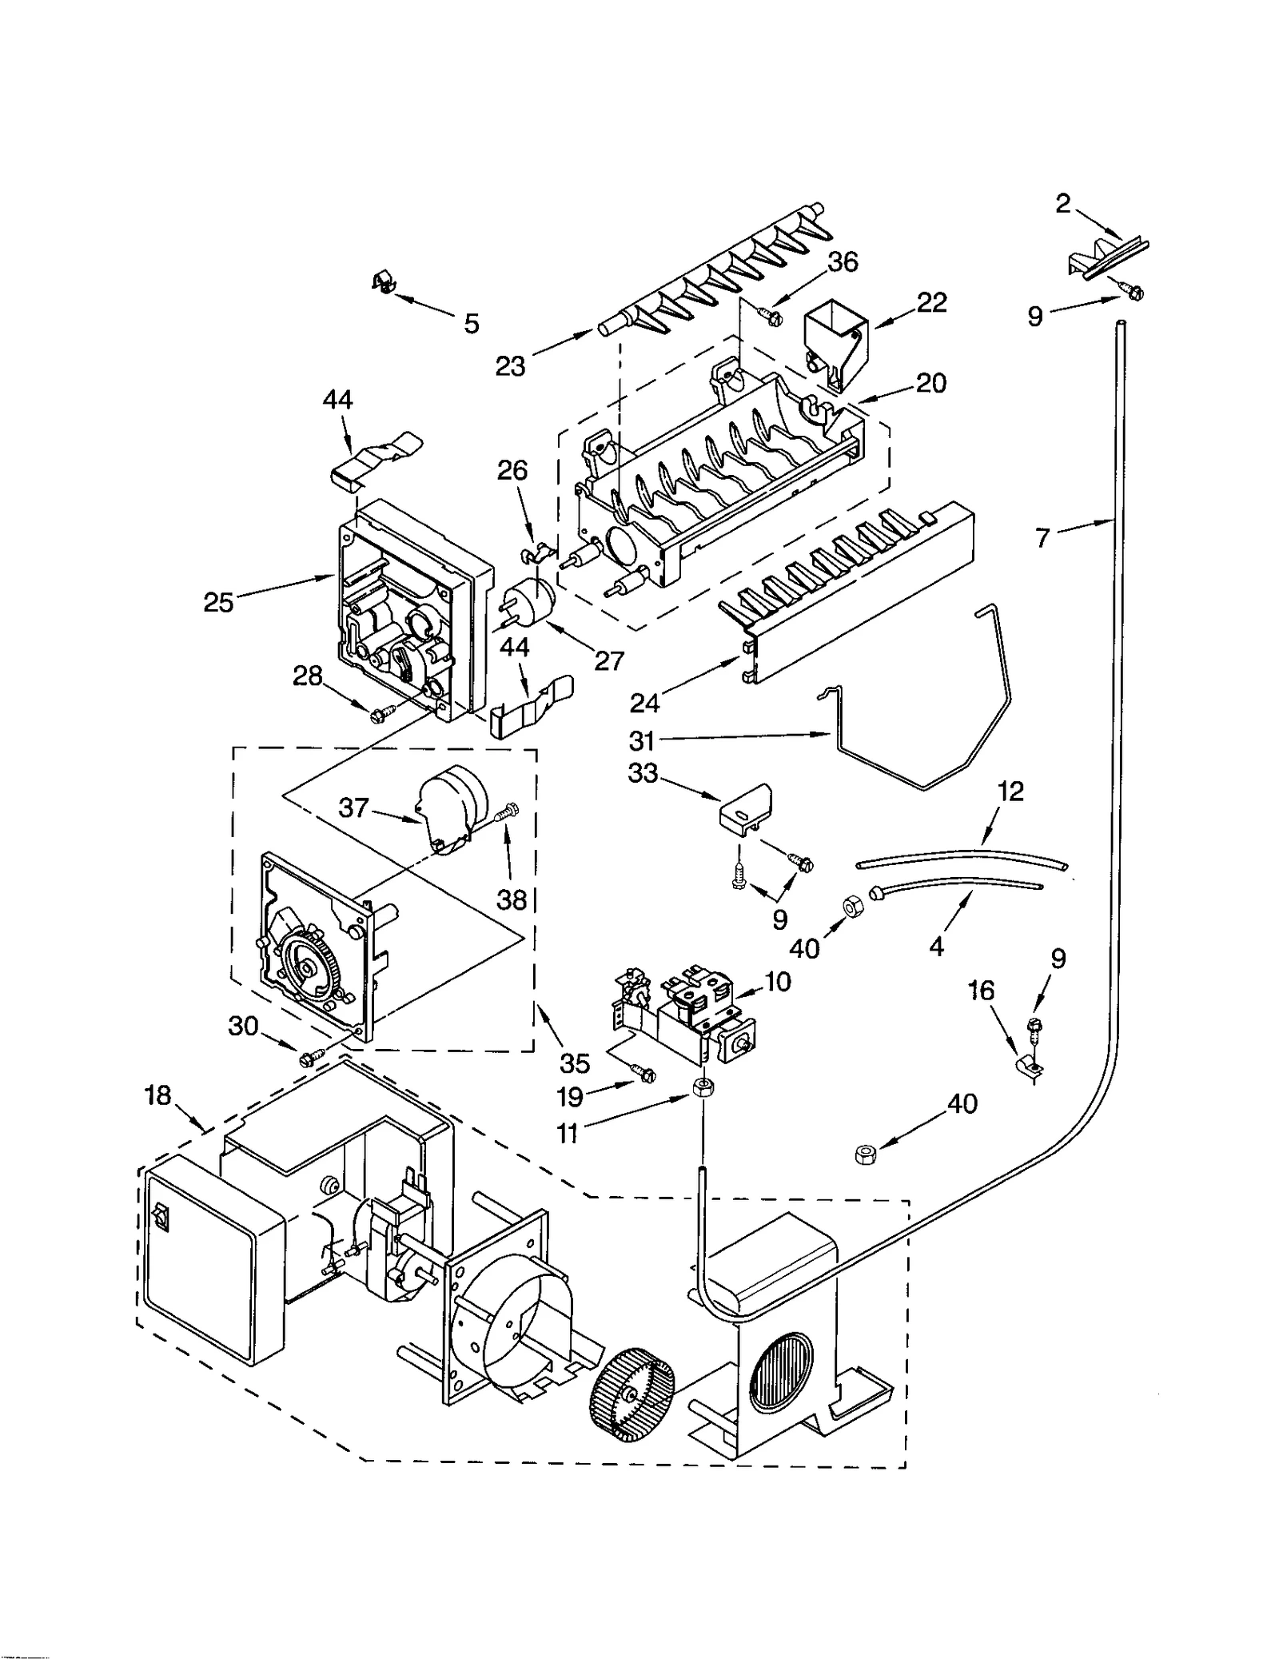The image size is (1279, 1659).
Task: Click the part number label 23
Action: click(x=510, y=366)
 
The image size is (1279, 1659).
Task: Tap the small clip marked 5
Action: click(x=383, y=282)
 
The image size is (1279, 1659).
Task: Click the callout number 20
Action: click(x=930, y=383)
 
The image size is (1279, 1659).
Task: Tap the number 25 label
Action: click(x=218, y=602)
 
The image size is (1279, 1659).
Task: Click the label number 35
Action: click(x=574, y=1063)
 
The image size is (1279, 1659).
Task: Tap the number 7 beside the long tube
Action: click(x=1042, y=539)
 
